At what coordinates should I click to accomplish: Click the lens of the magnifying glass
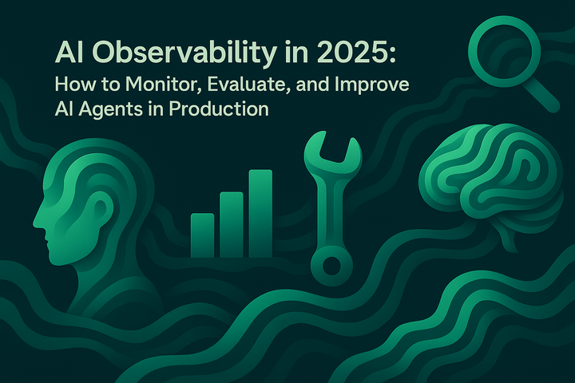pyautogui.click(x=500, y=45)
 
